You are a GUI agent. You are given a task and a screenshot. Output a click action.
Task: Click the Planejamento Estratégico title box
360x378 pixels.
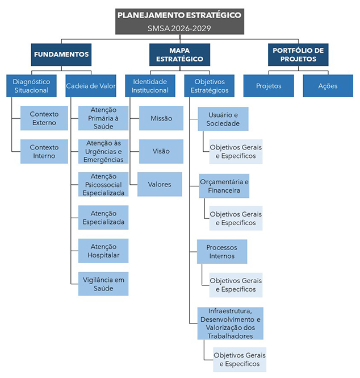179,22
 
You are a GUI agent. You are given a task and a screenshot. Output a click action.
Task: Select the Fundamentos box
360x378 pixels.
61,55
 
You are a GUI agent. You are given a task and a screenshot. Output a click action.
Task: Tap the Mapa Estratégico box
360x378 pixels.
179,55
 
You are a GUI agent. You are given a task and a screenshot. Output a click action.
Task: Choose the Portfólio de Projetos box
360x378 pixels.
298,55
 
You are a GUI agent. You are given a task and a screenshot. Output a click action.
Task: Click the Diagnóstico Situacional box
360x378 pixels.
32,86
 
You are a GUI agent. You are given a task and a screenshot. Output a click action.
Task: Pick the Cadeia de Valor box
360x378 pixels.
91,86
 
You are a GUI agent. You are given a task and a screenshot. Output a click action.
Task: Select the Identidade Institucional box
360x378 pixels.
150,86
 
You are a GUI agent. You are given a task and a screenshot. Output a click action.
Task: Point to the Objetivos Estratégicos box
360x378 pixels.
210,86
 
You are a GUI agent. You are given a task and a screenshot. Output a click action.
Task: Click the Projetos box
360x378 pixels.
269,86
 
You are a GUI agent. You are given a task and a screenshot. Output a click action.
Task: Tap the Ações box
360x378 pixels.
328,86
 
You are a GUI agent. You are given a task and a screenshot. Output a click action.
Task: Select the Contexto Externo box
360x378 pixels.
44,118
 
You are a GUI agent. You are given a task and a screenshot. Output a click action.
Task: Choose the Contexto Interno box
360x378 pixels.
44,151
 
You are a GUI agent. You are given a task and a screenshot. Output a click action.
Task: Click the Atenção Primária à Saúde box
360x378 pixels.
103,118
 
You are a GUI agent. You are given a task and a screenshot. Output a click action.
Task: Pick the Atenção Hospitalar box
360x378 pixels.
103,251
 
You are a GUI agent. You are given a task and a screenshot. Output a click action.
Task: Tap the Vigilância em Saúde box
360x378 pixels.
103,284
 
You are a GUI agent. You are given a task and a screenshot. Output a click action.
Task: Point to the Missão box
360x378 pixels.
161,118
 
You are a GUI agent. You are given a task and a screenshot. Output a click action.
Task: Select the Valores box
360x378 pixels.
160,184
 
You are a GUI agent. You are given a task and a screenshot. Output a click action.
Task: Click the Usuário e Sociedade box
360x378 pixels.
223,119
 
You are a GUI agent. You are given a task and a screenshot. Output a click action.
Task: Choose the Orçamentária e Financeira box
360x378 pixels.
224,186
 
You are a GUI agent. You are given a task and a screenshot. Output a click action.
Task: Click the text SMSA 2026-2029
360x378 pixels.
179,28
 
